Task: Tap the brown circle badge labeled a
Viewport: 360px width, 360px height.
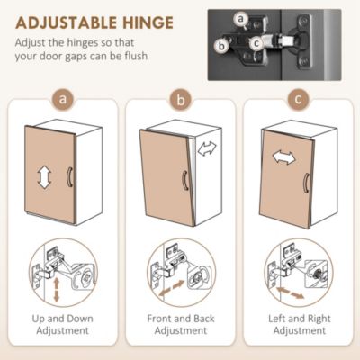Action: [x=63, y=99]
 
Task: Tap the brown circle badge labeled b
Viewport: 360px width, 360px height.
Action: [x=180, y=99]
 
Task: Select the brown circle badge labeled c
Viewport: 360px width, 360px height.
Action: [x=298, y=99]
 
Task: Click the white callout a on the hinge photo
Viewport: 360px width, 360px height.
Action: [x=241, y=19]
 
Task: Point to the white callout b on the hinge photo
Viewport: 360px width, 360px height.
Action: [x=221, y=46]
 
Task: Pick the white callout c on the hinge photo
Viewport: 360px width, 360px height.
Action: [x=256, y=44]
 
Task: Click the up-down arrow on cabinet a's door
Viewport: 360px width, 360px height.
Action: [x=44, y=177]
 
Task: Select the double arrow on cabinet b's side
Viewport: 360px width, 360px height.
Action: [x=207, y=148]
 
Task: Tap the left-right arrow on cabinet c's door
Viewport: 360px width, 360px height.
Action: [x=283, y=157]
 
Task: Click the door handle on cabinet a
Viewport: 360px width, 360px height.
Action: [x=69, y=177]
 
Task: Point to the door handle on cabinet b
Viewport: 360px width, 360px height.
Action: [x=185, y=180]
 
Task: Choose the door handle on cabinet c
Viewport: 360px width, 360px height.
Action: [x=306, y=183]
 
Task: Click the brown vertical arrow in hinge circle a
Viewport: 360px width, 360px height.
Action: [x=56, y=290]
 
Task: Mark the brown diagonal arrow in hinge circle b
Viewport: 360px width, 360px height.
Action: [x=172, y=289]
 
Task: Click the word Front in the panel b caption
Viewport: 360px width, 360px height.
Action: [x=159, y=319]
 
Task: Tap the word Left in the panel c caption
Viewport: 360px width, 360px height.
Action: [x=277, y=319]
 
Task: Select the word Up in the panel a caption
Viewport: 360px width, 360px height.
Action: [x=39, y=319]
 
